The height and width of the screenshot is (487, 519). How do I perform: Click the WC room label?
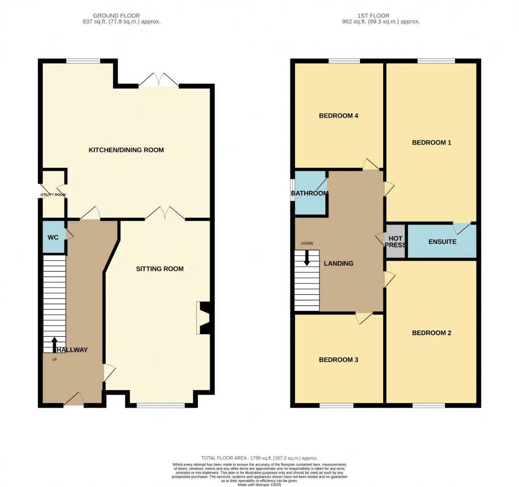[x=53, y=237]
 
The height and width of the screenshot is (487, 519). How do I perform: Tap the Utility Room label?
[x=53, y=194]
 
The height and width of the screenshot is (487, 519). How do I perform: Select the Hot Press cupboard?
[x=395, y=241]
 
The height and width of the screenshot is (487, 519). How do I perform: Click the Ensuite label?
[x=442, y=241]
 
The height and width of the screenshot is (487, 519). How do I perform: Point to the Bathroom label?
[x=310, y=193]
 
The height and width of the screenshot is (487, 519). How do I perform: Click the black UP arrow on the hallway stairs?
[x=54, y=345]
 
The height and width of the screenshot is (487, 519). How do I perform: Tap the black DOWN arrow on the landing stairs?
[x=307, y=258]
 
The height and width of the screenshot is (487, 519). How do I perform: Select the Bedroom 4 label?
[x=339, y=116]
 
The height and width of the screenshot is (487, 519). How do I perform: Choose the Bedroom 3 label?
[x=339, y=359]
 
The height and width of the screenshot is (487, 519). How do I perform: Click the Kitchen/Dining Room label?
[x=126, y=150]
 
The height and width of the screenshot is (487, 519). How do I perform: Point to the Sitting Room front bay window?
[x=161, y=406]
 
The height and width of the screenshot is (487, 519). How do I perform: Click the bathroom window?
[x=293, y=190]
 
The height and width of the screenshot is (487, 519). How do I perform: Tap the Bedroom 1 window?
[x=436, y=61]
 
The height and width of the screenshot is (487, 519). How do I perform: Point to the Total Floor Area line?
[x=259, y=458]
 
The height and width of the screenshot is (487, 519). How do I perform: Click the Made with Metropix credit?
[x=259, y=485]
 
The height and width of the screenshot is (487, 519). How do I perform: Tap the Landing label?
[x=339, y=263]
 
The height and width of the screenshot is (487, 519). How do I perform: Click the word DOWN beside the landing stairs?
[x=307, y=243]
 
